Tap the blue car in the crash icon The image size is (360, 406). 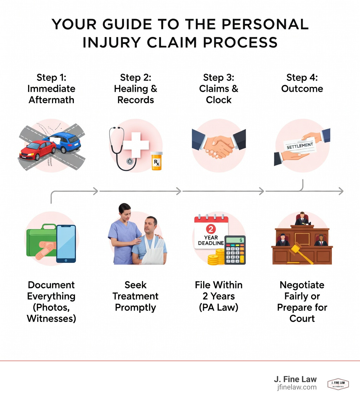[65, 142]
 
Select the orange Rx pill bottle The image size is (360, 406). [157, 161]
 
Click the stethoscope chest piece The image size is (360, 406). [131, 161]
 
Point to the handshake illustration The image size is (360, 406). [219, 145]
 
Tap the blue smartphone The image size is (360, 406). [66, 243]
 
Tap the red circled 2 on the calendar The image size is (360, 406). [211, 229]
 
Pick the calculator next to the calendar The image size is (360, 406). [235, 250]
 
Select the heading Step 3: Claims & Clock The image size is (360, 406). [219, 89]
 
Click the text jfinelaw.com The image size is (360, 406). [296, 387]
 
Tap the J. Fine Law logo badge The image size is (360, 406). [338, 384]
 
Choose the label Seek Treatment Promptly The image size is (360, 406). [136, 296]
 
